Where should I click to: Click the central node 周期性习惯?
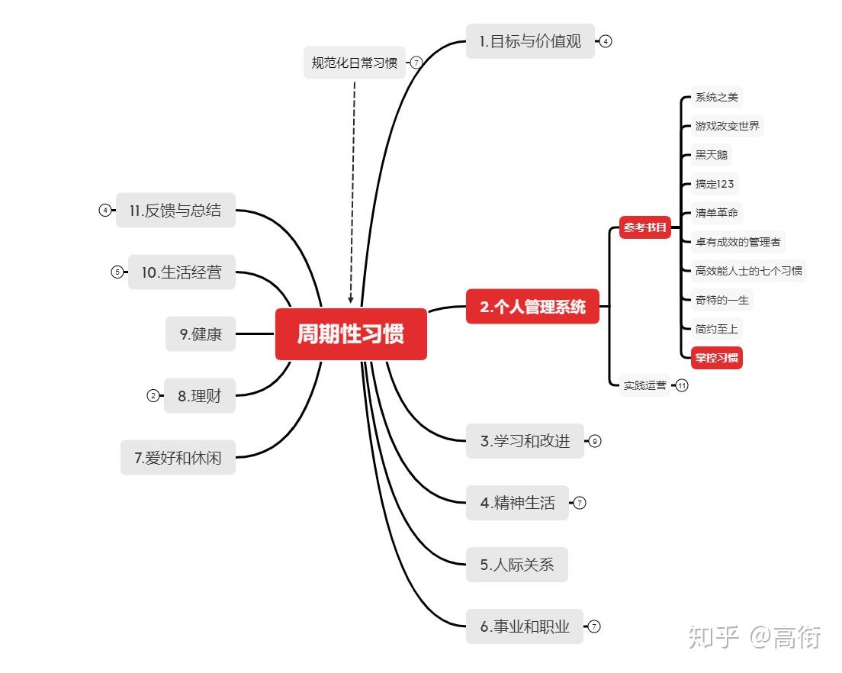coord(351,333)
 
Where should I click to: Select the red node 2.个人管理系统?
coord(532,306)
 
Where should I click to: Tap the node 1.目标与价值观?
coord(530,40)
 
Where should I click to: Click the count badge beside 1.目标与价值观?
coord(606,41)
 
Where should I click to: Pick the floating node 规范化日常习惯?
coord(355,63)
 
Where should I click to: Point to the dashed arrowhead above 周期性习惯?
coord(351,300)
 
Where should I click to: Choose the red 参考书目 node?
coord(645,227)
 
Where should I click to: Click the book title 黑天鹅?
coord(711,155)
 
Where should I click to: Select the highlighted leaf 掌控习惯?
coord(716,358)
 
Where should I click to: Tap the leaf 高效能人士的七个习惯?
coord(748,271)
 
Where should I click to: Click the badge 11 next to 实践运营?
coord(681,385)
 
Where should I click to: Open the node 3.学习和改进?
coord(525,441)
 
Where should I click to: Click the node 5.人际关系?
coord(516,565)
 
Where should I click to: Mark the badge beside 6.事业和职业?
coord(593,626)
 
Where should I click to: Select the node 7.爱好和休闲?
coord(178,458)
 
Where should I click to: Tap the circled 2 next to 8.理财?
coord(153,396)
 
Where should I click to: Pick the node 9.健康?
coord(201,334)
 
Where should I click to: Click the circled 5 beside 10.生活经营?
coord(117,272)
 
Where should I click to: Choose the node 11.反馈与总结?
coord(175,210)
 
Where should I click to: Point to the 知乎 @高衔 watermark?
coord(754,638)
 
